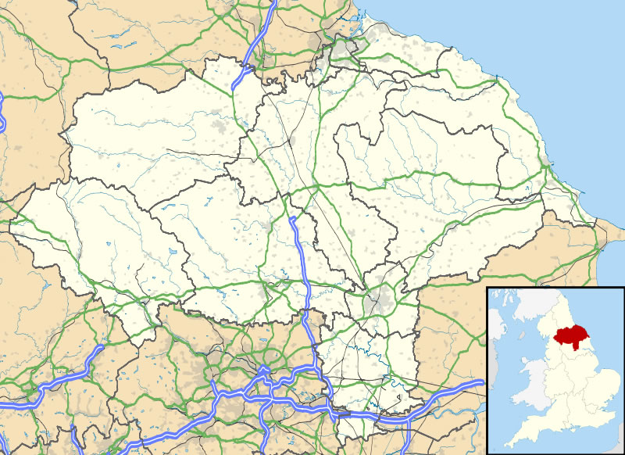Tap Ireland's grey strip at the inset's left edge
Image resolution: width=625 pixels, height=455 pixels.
(x=494, y=352)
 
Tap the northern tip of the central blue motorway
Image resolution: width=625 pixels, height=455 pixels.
(x=292, y=220)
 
